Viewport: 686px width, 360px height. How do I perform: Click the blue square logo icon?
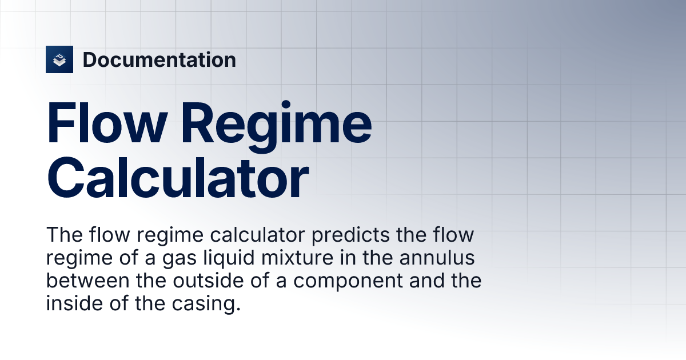(59, 59)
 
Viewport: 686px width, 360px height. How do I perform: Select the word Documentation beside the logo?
(159, 59)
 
